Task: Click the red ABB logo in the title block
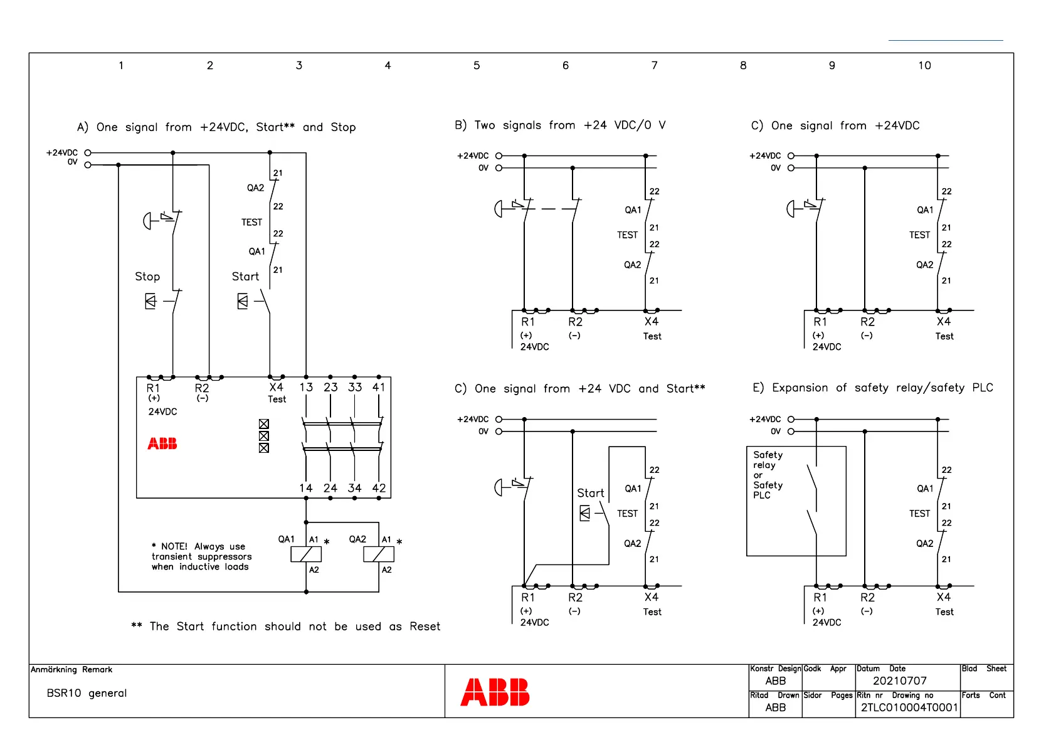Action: tap(495, 692)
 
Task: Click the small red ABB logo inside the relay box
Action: tap(162, 444)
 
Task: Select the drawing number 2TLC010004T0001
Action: tap(909, 707)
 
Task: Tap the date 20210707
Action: tap(899, 681)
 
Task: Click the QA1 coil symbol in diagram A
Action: tap(306, 554)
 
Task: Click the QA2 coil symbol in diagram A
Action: tap(379, 554)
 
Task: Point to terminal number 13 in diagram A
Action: tap(306, 388)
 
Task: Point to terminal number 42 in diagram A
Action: tap(379, 488)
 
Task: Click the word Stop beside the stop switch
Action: tap(147, 277)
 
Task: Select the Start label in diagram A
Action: tap(245, 277)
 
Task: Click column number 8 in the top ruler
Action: tap(743, 65)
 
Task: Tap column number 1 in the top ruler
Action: tap(121, 65)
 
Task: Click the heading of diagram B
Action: tap(560, 125)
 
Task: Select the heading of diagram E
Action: tap(872, 388)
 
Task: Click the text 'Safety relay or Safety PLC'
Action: tap(768, 475)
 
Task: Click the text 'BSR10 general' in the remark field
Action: tap(87, 693)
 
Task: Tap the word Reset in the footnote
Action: tap(425, 627)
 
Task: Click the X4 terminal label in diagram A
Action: tap(276, 388)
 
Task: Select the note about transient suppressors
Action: tap(201, 556)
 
